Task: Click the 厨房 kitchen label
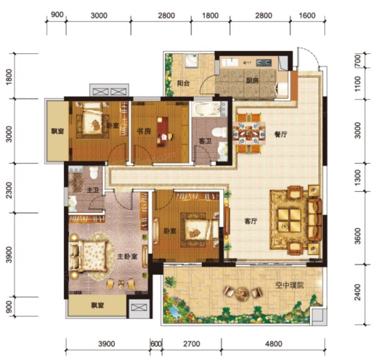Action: tap(252, 81)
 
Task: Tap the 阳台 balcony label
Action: tap(183, 83)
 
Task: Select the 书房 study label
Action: tap(143, 132)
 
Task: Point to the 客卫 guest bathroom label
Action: tap(205, 141)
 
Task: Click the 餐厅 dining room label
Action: tap(281, 134)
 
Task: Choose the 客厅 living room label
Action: tap(251, 221)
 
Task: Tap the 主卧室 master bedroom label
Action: tap(127, 256)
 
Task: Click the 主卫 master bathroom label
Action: tap(93, 190)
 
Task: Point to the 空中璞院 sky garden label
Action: tap(289, 285)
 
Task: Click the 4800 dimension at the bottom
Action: tap(273, 344)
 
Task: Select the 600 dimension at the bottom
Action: tap(156, 344)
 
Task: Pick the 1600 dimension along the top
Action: tap(307, 16)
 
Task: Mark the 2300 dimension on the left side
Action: tap(9, 190)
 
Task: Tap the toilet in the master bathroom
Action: tap(93, 173)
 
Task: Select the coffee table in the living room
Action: tap(289, 219)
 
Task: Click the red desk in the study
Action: tap(163, 132)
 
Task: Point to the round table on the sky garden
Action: tap(242, 292)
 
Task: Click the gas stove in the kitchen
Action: tap(263, 63)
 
